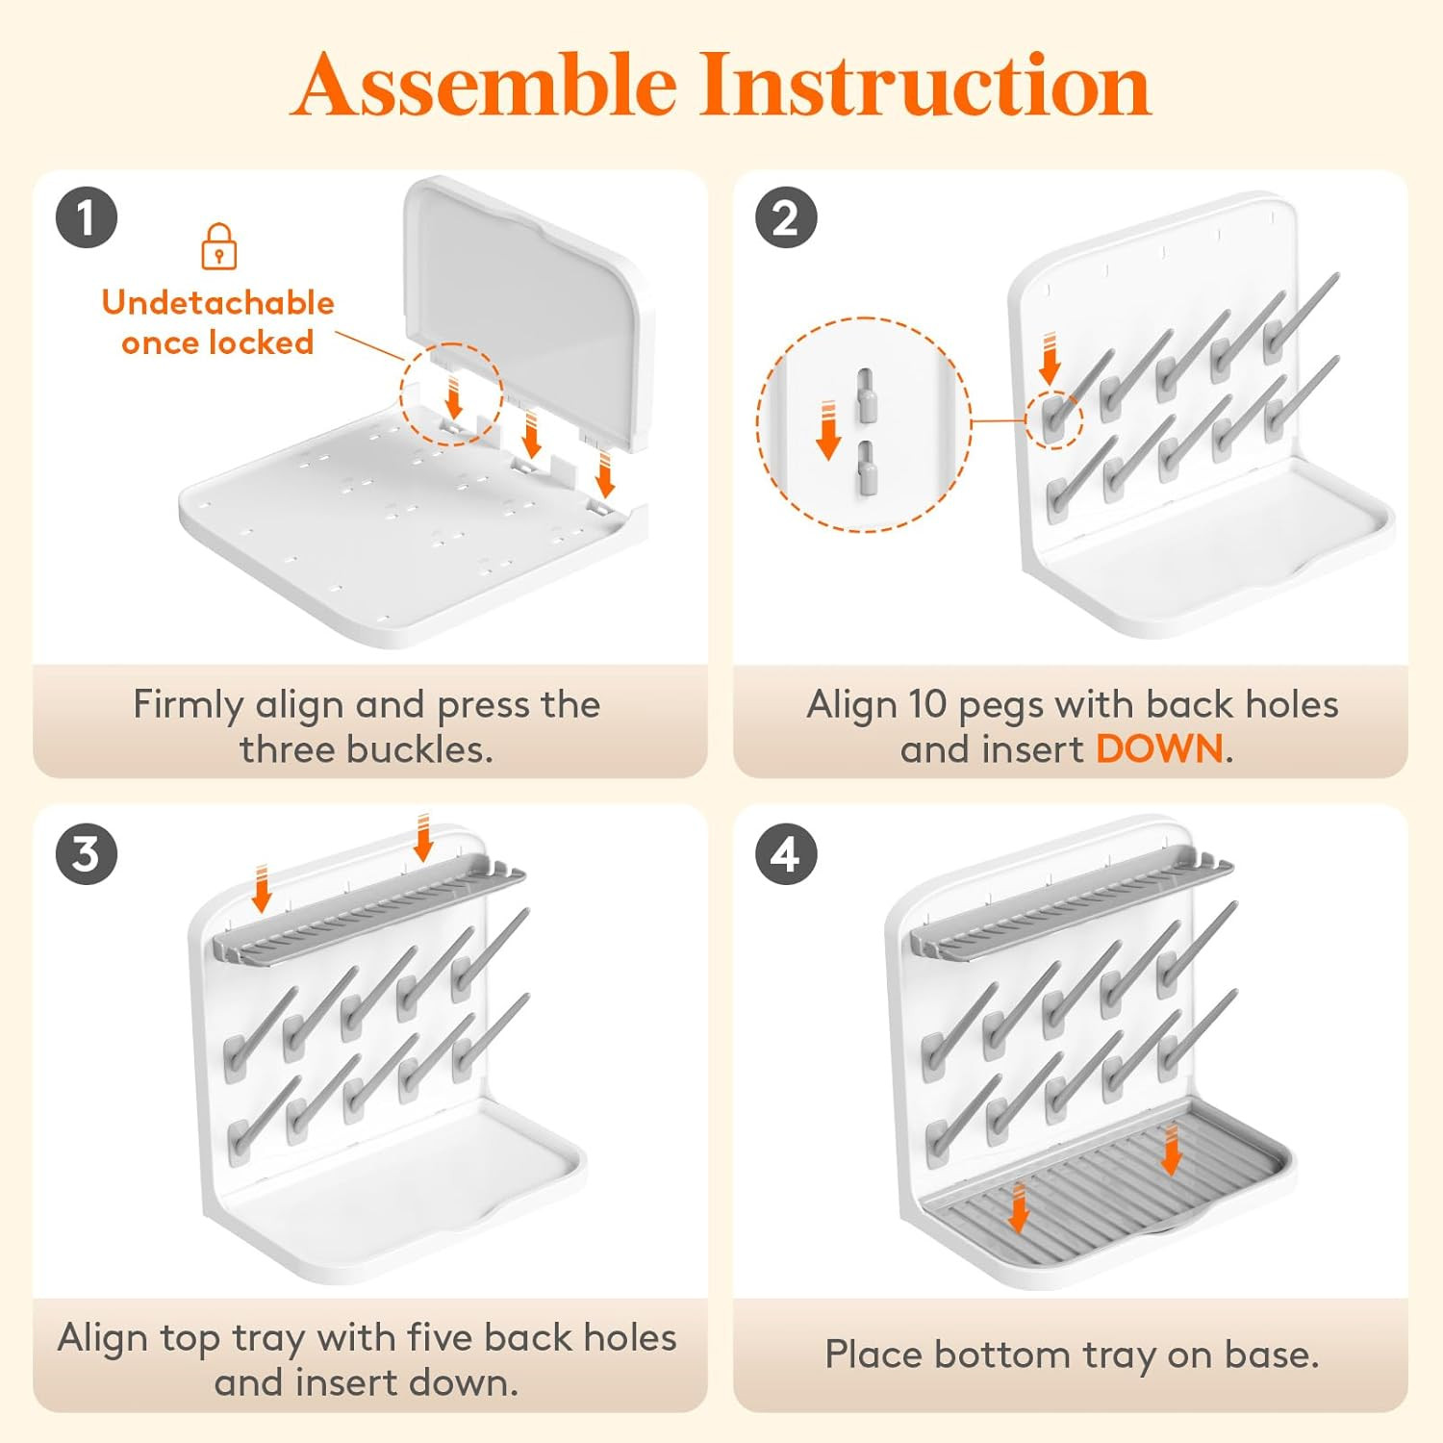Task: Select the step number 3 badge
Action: pos(87,853)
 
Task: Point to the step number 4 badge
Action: pos(786,853)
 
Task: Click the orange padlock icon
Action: pos(219,246)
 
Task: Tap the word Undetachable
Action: pos(218,303)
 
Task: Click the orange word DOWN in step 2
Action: pos(1160,748)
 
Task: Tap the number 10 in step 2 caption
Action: pos(928,704)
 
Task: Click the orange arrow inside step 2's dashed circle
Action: pos(828,432)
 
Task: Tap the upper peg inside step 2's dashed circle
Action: pos(867,395)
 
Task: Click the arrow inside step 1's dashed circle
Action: pos(453,398)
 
